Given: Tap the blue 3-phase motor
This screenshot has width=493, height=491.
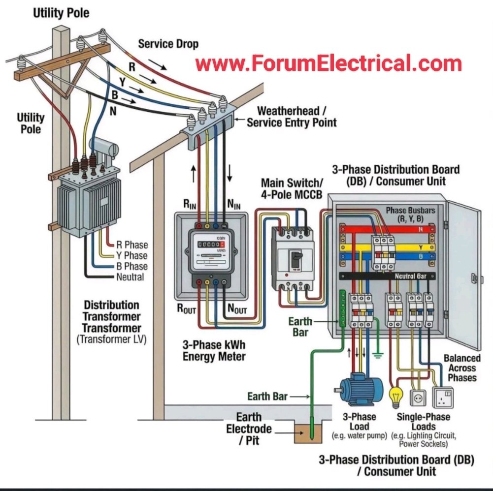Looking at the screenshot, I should [358, 387].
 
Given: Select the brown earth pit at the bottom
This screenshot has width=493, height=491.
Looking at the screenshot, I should [310, 432].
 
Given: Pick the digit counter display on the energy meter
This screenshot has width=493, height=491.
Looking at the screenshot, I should [209, 243].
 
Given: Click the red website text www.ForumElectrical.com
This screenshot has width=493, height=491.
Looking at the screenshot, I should [329, 64].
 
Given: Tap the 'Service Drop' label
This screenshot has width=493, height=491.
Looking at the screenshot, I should [168, 44].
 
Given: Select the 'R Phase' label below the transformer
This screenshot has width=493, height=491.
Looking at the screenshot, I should [131, 245].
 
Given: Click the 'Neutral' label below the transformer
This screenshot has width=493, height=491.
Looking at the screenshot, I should [130, 277].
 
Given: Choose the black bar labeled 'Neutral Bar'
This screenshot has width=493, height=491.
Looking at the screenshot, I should [389, 276].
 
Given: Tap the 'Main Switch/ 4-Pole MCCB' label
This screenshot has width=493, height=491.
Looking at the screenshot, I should [292, 188].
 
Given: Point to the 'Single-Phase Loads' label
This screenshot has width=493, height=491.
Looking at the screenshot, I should [423, 422].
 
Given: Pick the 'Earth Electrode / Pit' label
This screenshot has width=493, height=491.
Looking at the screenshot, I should [249, 429].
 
